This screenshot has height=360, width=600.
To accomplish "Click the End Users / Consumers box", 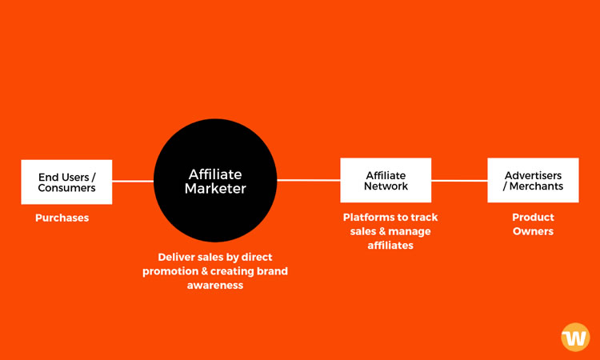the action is click(x=66, y=182).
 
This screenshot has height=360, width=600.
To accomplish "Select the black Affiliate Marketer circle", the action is click(x=215, y=180).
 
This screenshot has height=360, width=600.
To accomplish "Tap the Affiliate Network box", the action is click(x=386, y=180).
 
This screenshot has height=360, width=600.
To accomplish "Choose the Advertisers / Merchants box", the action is click(x=533, y=180).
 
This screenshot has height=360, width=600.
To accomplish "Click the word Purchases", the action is click(x=62, y=218).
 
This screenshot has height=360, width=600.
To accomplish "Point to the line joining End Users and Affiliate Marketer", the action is click(x=133, y=182).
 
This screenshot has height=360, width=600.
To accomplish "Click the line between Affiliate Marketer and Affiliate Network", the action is click(x=309, y=180).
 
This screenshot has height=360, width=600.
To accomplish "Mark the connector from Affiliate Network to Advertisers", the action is click(x=459, y=181).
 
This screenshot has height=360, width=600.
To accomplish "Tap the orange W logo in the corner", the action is click(x=575, y=337).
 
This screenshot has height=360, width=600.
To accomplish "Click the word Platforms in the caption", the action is click(x=365, y=218).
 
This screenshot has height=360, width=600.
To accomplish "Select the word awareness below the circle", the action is click(x=215, y=286).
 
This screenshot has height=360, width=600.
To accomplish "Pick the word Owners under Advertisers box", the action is click(x=533, y=231).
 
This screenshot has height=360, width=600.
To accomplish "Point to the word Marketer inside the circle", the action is click(x=215, y=189).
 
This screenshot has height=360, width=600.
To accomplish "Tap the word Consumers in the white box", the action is click(x=66, y=188).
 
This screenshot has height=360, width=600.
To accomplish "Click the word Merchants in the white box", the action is click(x=536, y=186).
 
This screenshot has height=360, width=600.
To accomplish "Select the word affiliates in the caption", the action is click(x=390, y=246).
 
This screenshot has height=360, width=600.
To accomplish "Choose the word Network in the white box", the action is click(x=386, y=186).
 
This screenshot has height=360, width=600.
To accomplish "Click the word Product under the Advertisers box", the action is click(x=533, y=218).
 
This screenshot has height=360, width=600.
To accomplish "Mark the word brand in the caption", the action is click(x=273, y=271).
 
